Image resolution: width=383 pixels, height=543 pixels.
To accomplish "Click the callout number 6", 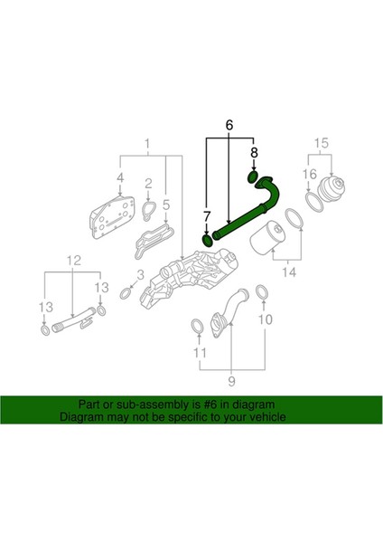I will pyautogui.click(x=229, y=124).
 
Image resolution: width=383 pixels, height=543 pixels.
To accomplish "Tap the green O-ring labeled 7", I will pyautogui.click(x=208, y=240).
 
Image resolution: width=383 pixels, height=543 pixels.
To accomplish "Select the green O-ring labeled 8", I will pyautogui.click(x=254, y=176).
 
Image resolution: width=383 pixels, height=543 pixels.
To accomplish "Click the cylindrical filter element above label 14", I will pyautogui.click(x=270, y=242).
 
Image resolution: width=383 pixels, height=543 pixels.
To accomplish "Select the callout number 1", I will pyautogui.click(x=148, y=143).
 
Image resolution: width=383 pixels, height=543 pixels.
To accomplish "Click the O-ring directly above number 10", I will pyautogui.click(x=261, y=291).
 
